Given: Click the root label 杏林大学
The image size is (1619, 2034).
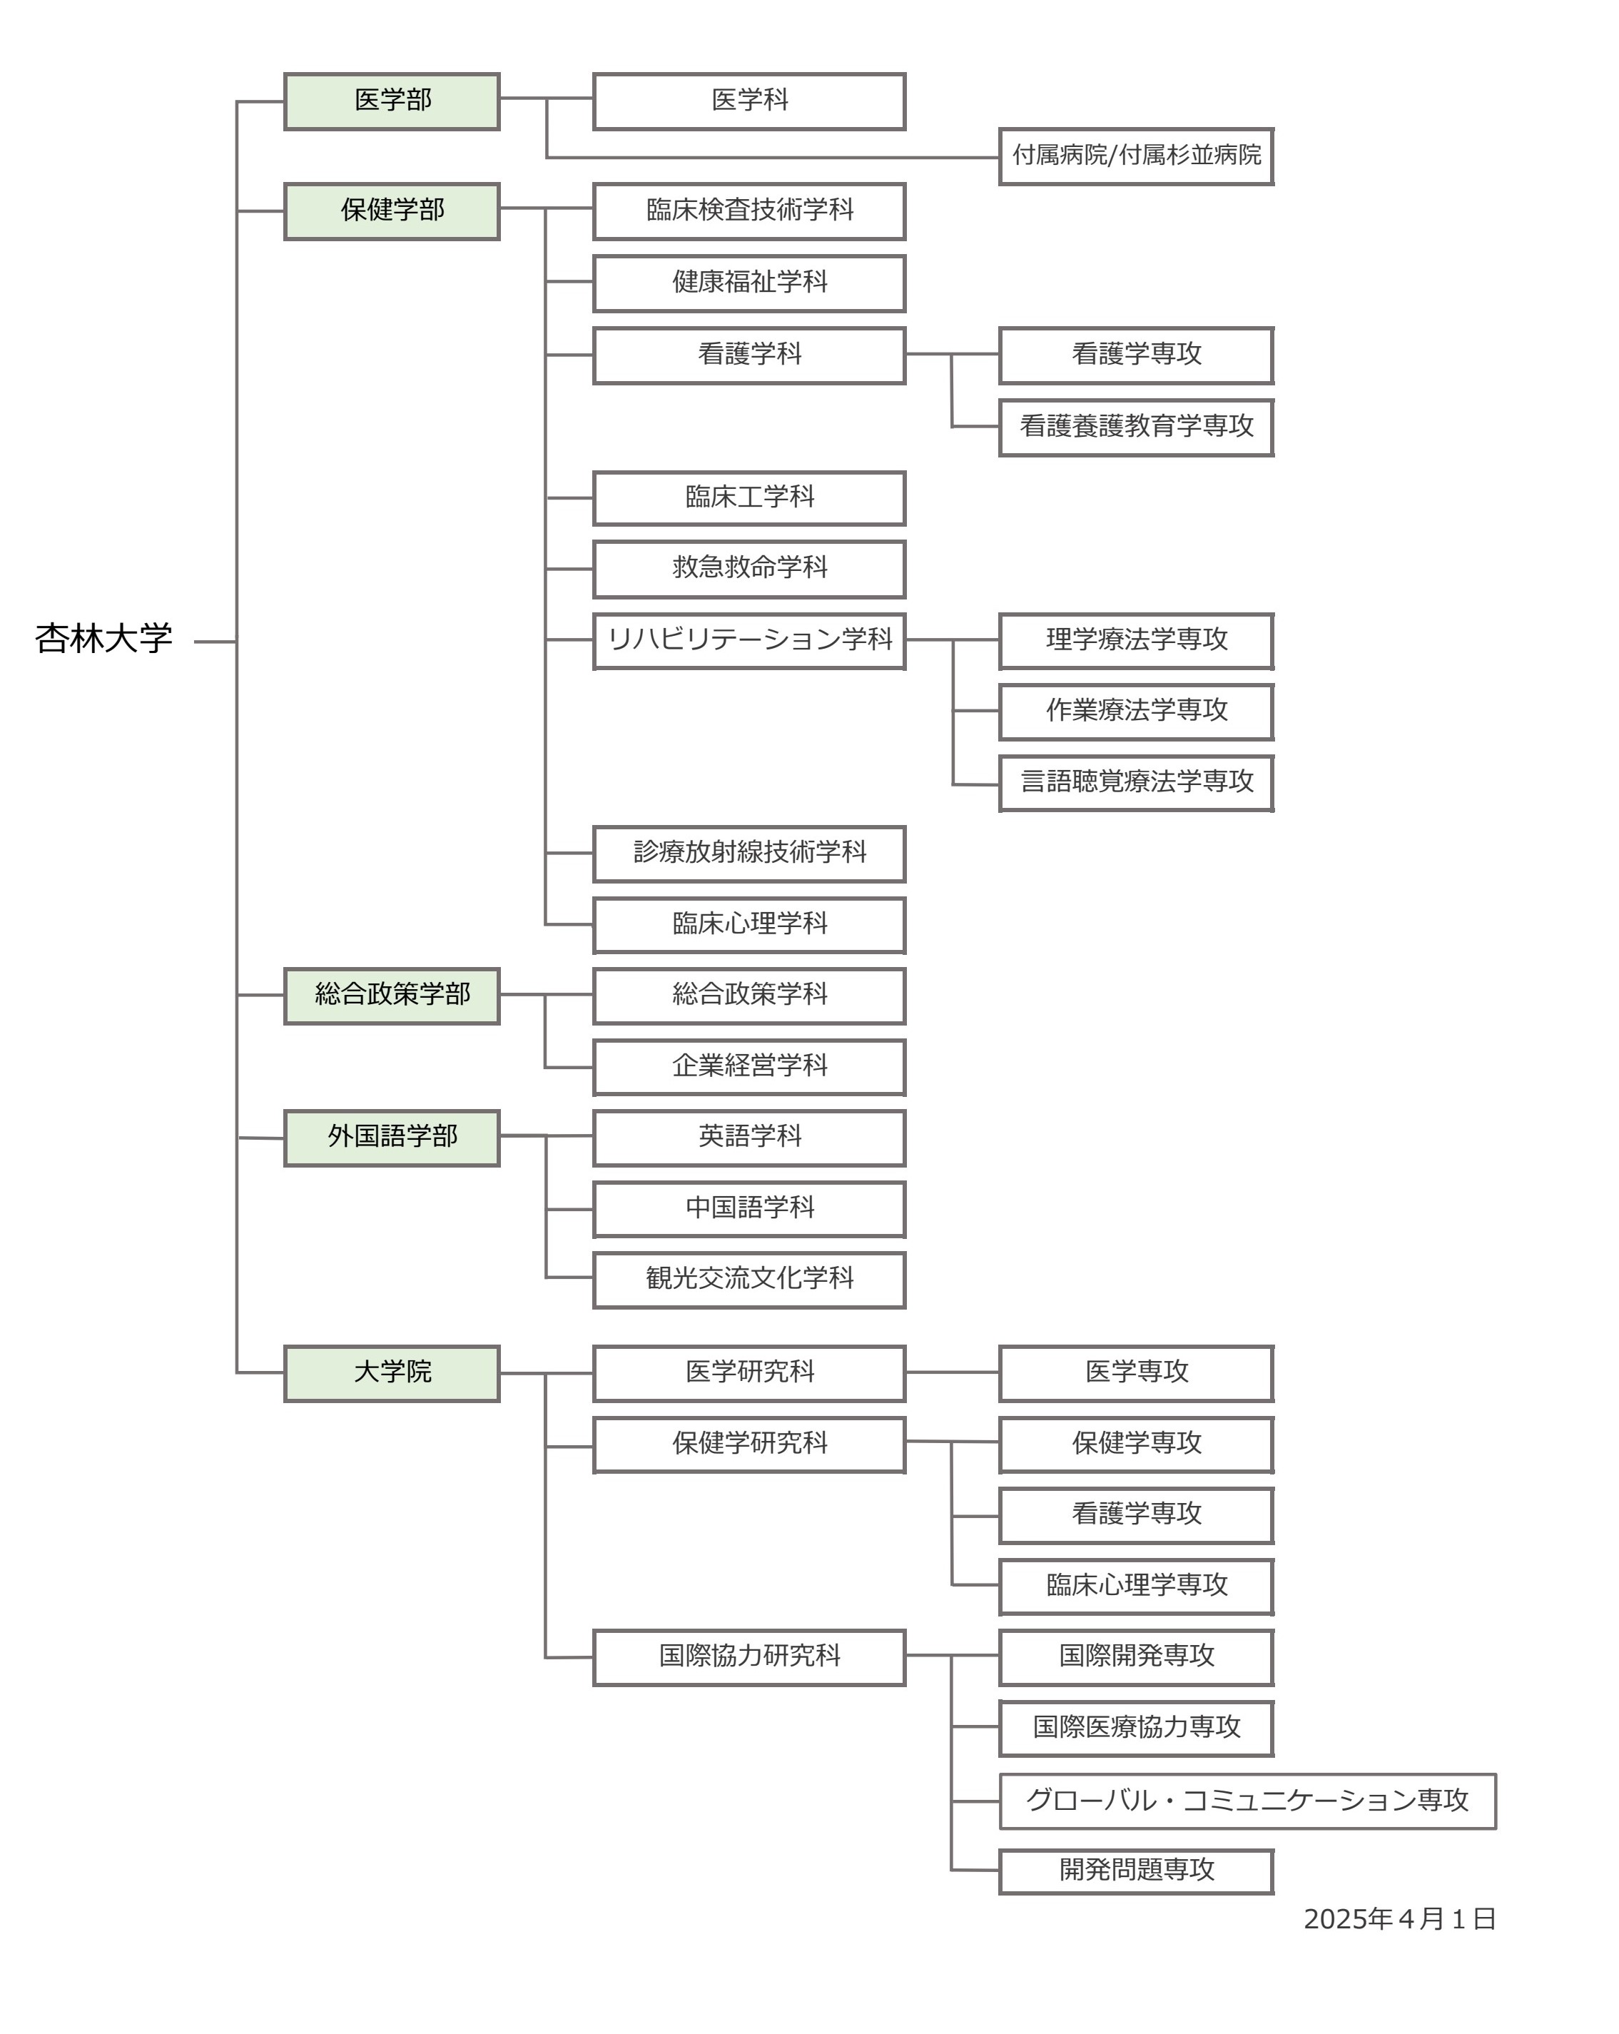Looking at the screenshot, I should (x=103, y=639).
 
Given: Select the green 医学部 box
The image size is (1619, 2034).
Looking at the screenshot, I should (x=392, y=101).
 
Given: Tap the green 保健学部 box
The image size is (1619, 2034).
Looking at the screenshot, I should (x=392, y=211).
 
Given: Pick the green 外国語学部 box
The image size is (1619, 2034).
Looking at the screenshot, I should (x=392, y=1137).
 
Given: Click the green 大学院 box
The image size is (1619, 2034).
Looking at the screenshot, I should (x=392, y=1372).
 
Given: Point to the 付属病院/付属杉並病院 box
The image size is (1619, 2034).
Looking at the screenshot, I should (x=1136, y=156).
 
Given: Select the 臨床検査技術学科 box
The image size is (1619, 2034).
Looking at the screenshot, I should (x=749, y=211).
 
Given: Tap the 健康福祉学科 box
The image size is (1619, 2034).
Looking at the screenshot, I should (x=749, y=282).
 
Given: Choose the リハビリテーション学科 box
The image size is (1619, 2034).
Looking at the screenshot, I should (x=749, y=641).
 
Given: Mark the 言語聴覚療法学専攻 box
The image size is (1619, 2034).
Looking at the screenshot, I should (x=1136, y=782).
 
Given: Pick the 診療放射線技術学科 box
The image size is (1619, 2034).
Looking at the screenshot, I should (x=749, y=853).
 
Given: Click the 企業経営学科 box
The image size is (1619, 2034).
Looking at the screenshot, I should (x=749, y=1066).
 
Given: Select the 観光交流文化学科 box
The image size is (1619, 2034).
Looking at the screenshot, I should (x=749, y=1279).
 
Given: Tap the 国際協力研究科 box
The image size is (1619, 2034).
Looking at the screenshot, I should (x=749, y=1656).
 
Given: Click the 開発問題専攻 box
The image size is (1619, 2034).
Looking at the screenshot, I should (x=1136, y=1871).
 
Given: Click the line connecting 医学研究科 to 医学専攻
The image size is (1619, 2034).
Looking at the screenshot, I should (x=952, y=1372).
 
